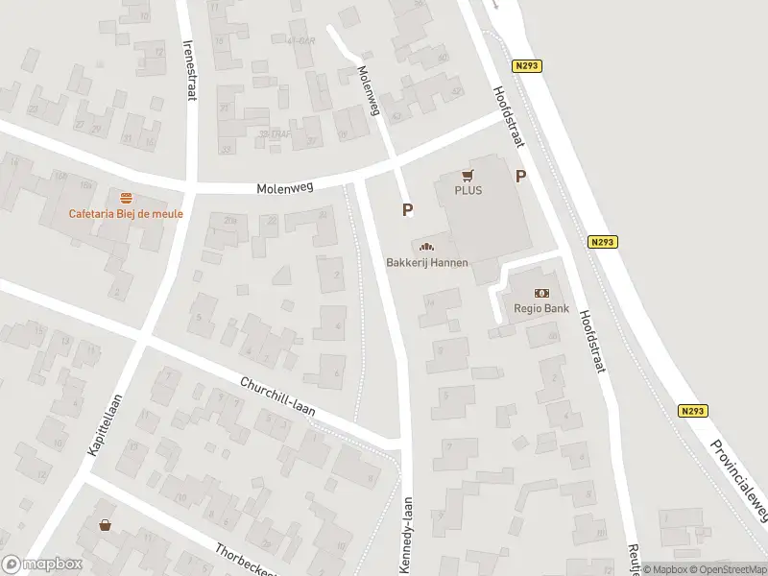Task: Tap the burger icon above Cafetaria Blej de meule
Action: point(125,198)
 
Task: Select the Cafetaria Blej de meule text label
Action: point(125,213)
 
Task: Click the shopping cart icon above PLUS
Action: point(468,175)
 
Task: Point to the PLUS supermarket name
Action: point(468,190)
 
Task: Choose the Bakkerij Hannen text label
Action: point(426,262)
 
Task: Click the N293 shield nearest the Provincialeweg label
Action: point(692,410)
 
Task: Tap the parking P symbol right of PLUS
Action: point(521,176)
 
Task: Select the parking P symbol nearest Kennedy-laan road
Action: point(407,209)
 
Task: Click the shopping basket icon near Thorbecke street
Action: point(105,525)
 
